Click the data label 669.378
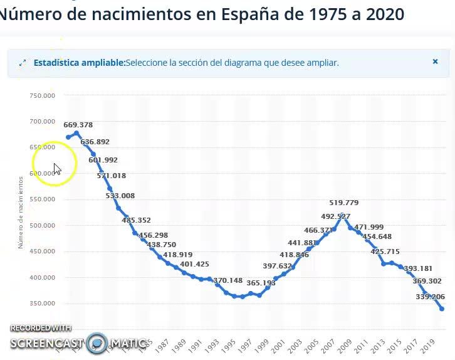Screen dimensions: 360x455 (x=78, y=125)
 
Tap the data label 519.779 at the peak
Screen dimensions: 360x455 (x=344, y=203)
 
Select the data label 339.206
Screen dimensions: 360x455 (x=430, y=297)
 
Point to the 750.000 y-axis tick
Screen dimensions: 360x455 (x=43, y=95)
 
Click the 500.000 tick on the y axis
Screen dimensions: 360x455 (x=43, y=225)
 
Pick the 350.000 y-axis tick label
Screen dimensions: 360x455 (x=43, y=304)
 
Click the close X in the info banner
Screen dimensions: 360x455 (x=435, y=61)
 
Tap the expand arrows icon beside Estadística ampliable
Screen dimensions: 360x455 (x=23, y=63)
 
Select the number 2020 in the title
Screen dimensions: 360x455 (x=381, y=14)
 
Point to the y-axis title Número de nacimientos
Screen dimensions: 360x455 (x=21, y=212)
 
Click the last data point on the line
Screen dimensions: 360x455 (x=442, y=309)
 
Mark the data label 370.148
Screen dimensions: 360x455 (x=227, y=280)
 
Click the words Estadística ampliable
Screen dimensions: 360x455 (x=79, y=63)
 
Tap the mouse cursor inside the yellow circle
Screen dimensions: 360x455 (x=56, y=168)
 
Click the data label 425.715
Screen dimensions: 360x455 (x=385, y=251)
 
